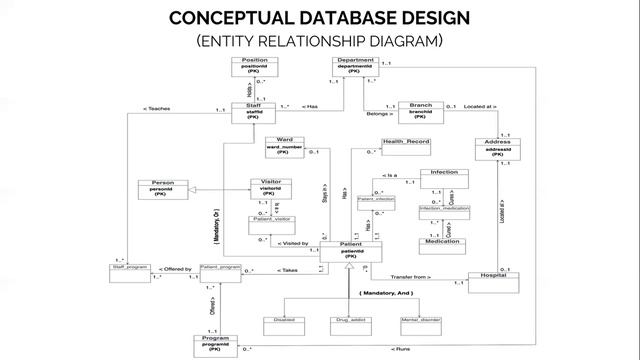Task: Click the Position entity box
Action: [255, 67]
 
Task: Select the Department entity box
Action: [356, 67]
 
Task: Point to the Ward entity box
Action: [284, 147]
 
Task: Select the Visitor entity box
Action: [270, 189]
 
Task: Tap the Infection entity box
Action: [443, 179]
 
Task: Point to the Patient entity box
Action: [350, 251]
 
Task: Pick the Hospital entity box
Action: [492, 281]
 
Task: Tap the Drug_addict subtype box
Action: [350, 321]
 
